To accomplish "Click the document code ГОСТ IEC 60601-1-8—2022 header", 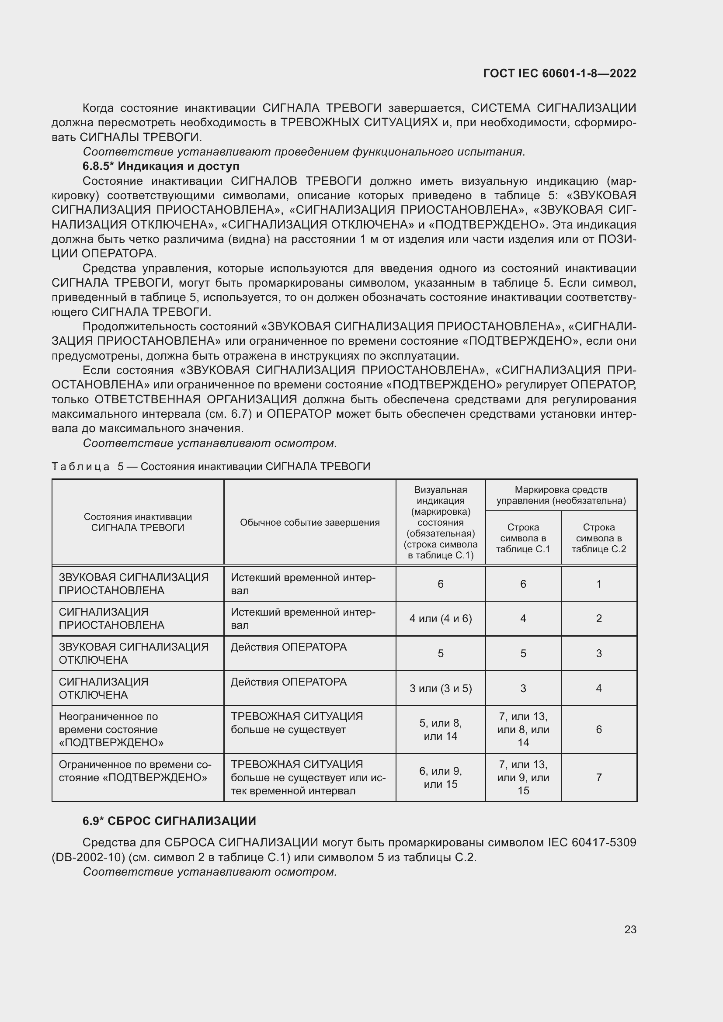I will click(560, 73).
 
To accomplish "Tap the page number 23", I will click(630, 929).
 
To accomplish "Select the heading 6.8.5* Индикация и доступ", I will click(161, 166).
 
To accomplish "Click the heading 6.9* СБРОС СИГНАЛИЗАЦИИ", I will click(169, 821).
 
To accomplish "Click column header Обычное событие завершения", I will click(309, 522).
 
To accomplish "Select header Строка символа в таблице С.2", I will click(598, 538).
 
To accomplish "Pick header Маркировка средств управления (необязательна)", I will click(560, 495).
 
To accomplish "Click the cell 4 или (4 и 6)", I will click(440, 618).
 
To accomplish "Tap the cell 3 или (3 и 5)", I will click(440, 688).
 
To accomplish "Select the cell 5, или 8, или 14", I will click(440, 729).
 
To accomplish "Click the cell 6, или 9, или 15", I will click(440, 777).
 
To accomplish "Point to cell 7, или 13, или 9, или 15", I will click(523, 777).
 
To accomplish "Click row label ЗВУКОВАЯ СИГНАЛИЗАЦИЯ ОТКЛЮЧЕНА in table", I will click(134, 653).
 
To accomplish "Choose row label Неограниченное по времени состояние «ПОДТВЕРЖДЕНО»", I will click(111, 729).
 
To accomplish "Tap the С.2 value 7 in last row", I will click(598, 777).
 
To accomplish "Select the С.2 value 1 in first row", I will click(598, 584).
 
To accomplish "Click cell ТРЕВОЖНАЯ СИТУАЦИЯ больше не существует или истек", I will click(308, 777).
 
